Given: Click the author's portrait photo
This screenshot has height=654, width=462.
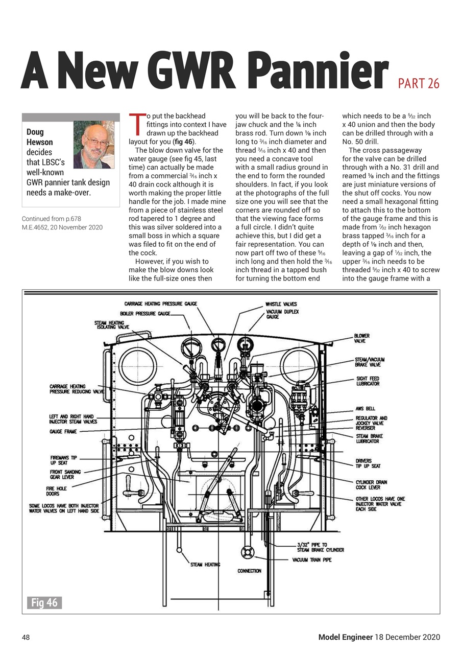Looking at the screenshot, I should point(93,145).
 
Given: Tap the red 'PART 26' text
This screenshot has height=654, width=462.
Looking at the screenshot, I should point(418,84).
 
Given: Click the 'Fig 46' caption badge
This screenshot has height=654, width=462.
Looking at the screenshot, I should point(44,603).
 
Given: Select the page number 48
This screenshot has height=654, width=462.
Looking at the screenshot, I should point(26,637).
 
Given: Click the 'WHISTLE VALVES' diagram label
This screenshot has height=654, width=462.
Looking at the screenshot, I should point(281,305).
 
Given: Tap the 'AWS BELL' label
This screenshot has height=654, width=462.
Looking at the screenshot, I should point(365,409).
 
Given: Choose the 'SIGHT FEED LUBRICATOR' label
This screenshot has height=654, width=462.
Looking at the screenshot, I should point(368,381).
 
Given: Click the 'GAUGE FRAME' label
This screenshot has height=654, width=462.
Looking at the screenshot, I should point(63,432).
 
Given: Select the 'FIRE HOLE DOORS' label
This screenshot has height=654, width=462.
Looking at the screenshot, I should point(56,491).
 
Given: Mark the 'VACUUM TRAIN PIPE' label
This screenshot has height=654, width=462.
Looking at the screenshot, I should point(312,560).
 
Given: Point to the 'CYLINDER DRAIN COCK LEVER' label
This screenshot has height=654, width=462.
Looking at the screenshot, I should point(371,484).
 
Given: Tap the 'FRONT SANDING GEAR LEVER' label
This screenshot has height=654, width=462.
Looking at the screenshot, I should point(65,474).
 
